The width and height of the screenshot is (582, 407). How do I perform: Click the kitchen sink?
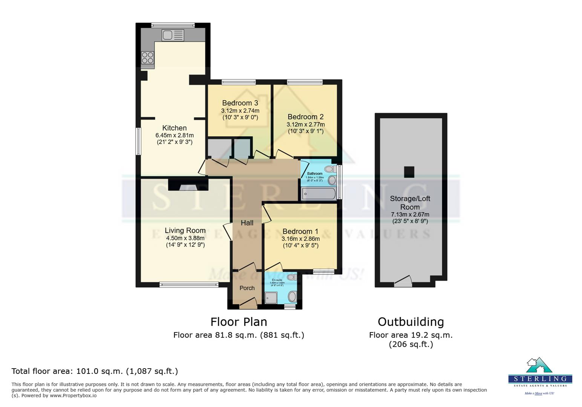tap(173, 35)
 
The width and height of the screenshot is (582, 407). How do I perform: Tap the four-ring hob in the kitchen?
tap(147, 58)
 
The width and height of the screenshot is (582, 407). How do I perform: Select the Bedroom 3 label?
tap(240, 103)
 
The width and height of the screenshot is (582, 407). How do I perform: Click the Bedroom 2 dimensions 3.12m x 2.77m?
tap(305, 124)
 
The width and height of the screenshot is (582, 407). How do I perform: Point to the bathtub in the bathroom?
tap(319, 194)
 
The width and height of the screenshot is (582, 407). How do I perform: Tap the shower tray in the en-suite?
tap(271, 298)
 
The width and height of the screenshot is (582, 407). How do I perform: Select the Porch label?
tap(247, 288)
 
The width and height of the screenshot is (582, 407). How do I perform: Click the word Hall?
tap(247, 223)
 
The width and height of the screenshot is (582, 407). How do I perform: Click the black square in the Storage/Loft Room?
tap(409, 172)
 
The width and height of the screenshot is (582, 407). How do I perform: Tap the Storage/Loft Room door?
tap(403, 282)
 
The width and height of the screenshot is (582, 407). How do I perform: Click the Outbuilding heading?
tap(410, 322)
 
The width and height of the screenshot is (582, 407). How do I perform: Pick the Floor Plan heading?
tap(239, 322)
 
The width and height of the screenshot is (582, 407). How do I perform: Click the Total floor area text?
tap(95, 371)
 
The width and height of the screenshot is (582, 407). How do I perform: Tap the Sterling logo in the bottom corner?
tap(540, 375)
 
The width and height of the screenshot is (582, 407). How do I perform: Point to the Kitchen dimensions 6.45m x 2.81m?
tap(175, 135)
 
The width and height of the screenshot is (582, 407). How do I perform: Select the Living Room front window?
tap(189, 285)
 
